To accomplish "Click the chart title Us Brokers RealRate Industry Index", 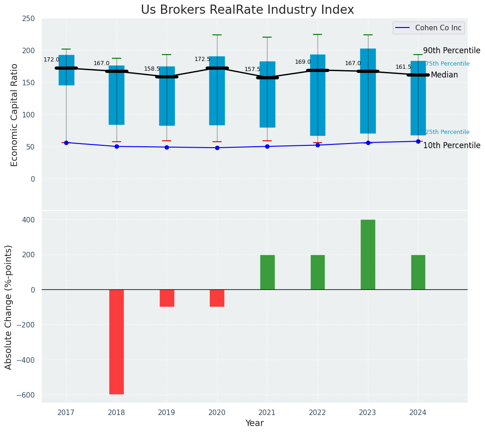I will tap(247, 10).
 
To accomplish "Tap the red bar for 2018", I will tap(117, 342).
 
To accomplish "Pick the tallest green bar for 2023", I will tap(368, 255).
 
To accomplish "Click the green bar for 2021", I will tap(267, 272).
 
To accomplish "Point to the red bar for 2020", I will tap(217, 298).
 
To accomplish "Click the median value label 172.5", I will tap(202, 59).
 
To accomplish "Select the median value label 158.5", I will tap(152, 69).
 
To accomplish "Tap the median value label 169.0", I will tap(303, 62).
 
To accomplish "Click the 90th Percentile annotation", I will tap(452, 51).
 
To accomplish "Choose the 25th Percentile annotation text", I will tap(447, 132).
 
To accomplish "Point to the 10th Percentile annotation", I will tap(452, 146).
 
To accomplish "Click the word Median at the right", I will tap(444, 75).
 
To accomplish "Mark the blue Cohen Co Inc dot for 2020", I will tap(217, 148).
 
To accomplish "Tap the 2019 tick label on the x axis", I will tap(167, 413).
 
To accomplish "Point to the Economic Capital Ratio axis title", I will tap(14, 115).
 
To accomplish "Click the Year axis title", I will tap(254, 423).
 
